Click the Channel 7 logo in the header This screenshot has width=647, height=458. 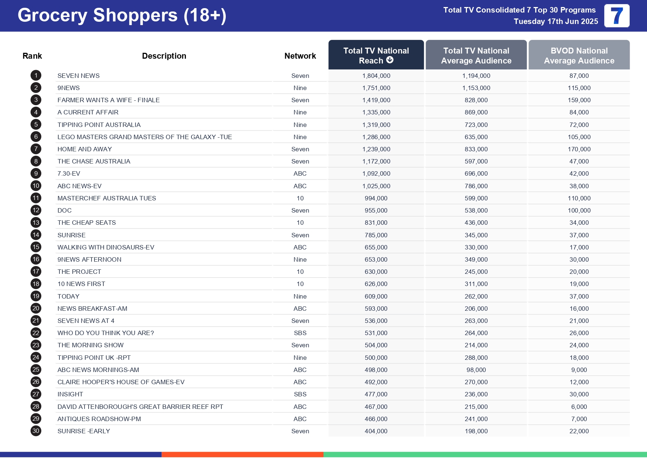pyautogui.click(x=616, y=16)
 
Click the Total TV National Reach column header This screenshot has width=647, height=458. pyautogui.click(x=376, y=55)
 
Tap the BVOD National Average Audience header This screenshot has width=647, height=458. pyautogui.click(x=579, y=55)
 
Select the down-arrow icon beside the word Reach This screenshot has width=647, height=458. pyautogui.click(x=390, y=60)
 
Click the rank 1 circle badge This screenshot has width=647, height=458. pyautogui.click(x=36, y=76)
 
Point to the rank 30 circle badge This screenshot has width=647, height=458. pyautogui.click(x=36, y=431)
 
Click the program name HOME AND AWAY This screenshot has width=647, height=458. pyautogui.click(x=84, y=149)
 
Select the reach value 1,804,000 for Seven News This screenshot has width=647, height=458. pyautogui.click(x=376, y=76)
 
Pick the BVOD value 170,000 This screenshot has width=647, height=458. pyautogui.click(x=579, y=149)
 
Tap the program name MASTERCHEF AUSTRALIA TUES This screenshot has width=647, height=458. pyautogui.click(x=107, y=198)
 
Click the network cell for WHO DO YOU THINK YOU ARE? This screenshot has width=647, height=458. pyautogui.click(x=300, y=333)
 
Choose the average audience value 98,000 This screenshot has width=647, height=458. pyautogui.click(x=476, y=370)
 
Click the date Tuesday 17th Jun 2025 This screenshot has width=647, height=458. pyautogui.click(x=556, y=21)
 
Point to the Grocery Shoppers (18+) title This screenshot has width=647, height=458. pyautogui.click(x=122, y=16)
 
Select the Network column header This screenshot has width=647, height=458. pyautogui.click(x=300, y=56)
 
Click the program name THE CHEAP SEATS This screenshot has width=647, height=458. pyautogui.click(x=86, y=223)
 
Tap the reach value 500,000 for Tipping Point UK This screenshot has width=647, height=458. pyautogui.click(x=376, y=358)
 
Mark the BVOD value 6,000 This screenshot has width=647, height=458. pyautogui.click(x=579, y=407)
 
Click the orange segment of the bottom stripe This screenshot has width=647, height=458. pyautogui.click(x=242, y=455)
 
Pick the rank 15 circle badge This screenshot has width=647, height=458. pyautogui.click(x=36, y=247)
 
